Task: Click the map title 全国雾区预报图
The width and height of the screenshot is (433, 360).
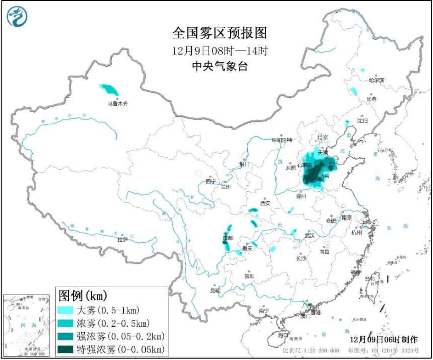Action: pos(220,33)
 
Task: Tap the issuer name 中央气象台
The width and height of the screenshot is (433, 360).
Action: pos(220,66)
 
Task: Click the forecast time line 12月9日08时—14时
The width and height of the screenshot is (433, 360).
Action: pos(220,50)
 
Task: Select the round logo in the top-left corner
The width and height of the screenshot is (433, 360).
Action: pos(17,17)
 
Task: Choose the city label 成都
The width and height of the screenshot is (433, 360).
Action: pos(228,238)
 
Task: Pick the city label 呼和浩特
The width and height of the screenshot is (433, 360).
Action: pos(282,140)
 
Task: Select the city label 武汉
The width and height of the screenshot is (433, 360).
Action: pos(309,235)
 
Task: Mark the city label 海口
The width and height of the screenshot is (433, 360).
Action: pos(283,335)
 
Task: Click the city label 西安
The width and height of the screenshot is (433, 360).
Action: pos(265,203)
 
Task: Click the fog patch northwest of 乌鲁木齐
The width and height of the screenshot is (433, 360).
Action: pos(109,90)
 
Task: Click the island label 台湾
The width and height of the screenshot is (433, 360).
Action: pos(370,278)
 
